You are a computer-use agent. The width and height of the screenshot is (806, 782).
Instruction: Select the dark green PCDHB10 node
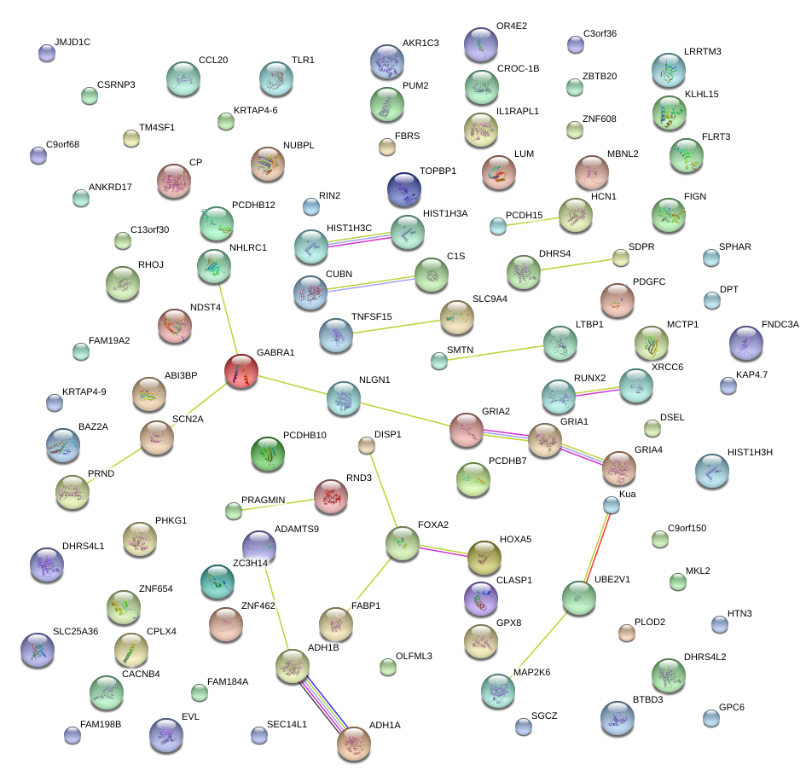tap(269, 454)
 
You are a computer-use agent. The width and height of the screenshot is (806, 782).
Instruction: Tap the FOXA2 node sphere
tap(402, 543)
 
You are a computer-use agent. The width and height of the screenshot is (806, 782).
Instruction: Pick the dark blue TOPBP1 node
tap(403, 189)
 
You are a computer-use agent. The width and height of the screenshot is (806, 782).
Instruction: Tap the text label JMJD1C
tap(72, 42)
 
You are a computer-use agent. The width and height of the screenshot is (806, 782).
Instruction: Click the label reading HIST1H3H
tap(750, 452)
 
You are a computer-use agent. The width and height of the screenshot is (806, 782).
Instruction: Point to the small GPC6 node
tap(711, 717)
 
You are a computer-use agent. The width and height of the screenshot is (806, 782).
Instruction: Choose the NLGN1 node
tap(343, 398)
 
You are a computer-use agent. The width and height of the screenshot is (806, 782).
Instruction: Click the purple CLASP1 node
tap(481, 599)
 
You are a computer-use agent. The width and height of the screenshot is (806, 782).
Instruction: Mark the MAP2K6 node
tap(498, 691)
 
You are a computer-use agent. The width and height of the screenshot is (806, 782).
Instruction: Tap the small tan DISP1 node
tap(367, 445)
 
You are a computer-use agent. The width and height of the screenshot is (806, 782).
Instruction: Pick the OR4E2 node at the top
tap(481, 44)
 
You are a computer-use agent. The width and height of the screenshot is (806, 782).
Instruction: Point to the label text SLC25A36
tap(75, 632)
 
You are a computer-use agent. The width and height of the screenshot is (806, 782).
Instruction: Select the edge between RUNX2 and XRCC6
tap(597, 391)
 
